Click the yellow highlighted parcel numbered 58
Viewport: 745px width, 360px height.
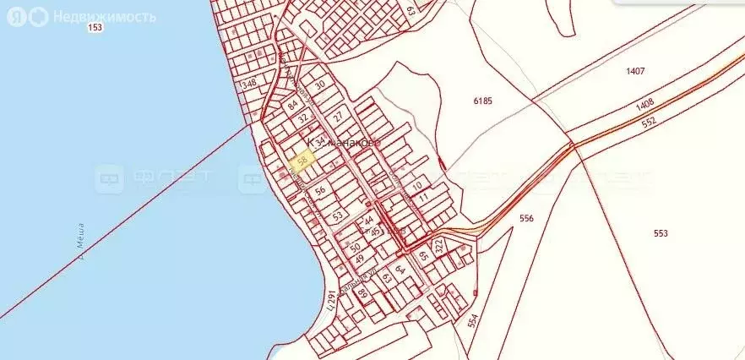(302, 159)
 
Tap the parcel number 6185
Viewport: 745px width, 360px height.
(482, 101)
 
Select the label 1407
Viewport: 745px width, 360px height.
(635, 71)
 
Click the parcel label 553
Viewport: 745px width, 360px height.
(661, 232)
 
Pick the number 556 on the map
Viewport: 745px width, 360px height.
(527, 218)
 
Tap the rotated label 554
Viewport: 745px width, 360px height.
(472, 320)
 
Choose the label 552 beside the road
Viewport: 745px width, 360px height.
(648, 122)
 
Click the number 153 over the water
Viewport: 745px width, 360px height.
(95, 28)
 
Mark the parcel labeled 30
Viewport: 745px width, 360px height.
(319, 85)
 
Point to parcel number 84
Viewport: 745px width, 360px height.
(293, 106)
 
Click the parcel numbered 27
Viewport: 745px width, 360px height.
(337, 116)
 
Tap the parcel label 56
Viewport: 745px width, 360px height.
(320, 191)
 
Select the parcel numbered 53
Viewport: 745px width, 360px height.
(337, 217)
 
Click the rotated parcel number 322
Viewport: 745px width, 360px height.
(438, 247)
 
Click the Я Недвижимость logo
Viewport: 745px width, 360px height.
(81, 17)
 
